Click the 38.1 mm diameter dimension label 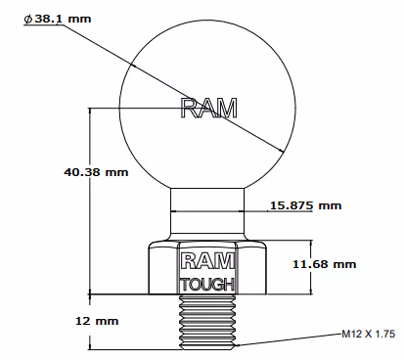[58, 19]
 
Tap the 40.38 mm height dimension [96, 172]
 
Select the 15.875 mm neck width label [306, 205]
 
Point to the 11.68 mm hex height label [324, 264]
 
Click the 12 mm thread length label [97, 321]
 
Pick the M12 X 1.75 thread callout [368, 334]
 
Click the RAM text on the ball [208, 108]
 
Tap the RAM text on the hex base [207, 261]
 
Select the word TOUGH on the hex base [207, 285]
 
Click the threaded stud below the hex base [207, 322]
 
